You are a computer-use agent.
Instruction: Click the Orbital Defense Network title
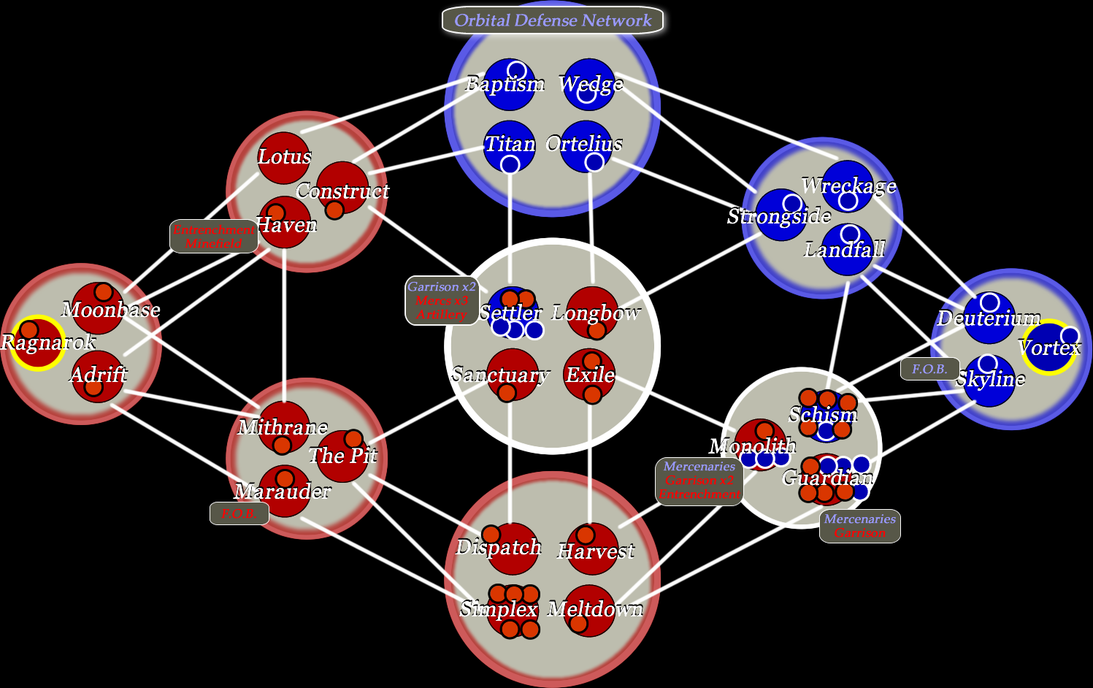(552, 20)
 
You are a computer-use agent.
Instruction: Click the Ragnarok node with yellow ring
(37, 343)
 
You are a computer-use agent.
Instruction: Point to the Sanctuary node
(513, 375)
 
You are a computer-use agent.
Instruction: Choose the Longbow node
(592, 313)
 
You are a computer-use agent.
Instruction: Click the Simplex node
(513, 610)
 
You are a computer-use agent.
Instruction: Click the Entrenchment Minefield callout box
(214, 236)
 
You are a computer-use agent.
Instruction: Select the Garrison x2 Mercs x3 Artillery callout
(442, 300)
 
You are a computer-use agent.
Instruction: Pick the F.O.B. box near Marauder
(239, 513)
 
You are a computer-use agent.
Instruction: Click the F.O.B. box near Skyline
(929, 369)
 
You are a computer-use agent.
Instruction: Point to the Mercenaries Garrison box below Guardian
(859, 526)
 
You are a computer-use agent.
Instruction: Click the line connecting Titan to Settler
(510, 226)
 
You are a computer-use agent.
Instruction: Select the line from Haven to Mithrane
(284, 321)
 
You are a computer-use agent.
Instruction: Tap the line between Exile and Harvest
(590, 460)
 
